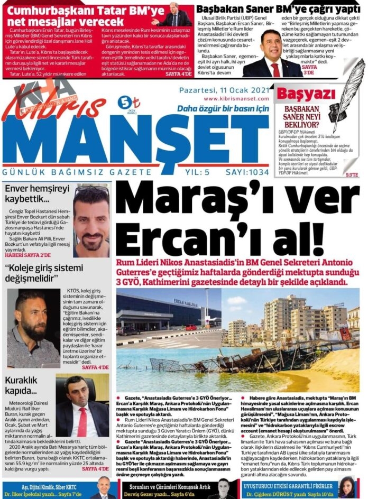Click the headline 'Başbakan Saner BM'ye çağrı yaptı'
click(279, 9)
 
